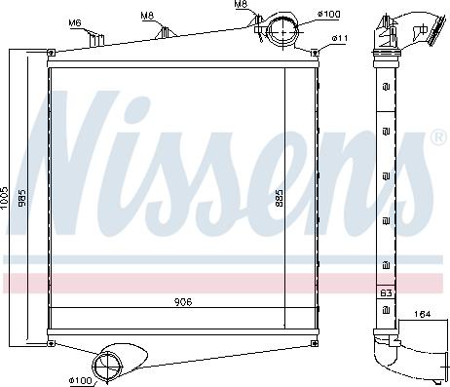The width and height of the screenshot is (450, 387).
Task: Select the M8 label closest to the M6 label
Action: [x=147, y=16]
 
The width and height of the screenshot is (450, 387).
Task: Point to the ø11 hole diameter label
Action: [x=340, y=38]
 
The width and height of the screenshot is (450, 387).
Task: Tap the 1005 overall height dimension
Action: [x=6, y=198]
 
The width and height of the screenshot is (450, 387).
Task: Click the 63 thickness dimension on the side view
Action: [x=386, y=290]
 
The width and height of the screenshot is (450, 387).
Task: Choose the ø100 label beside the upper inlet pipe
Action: [x=329, y=15]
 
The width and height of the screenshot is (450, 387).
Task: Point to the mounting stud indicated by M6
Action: [x=96, y=39]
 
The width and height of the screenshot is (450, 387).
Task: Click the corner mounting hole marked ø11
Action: [x=317, y=52]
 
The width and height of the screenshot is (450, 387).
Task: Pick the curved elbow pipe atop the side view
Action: [x=409, y=29]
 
